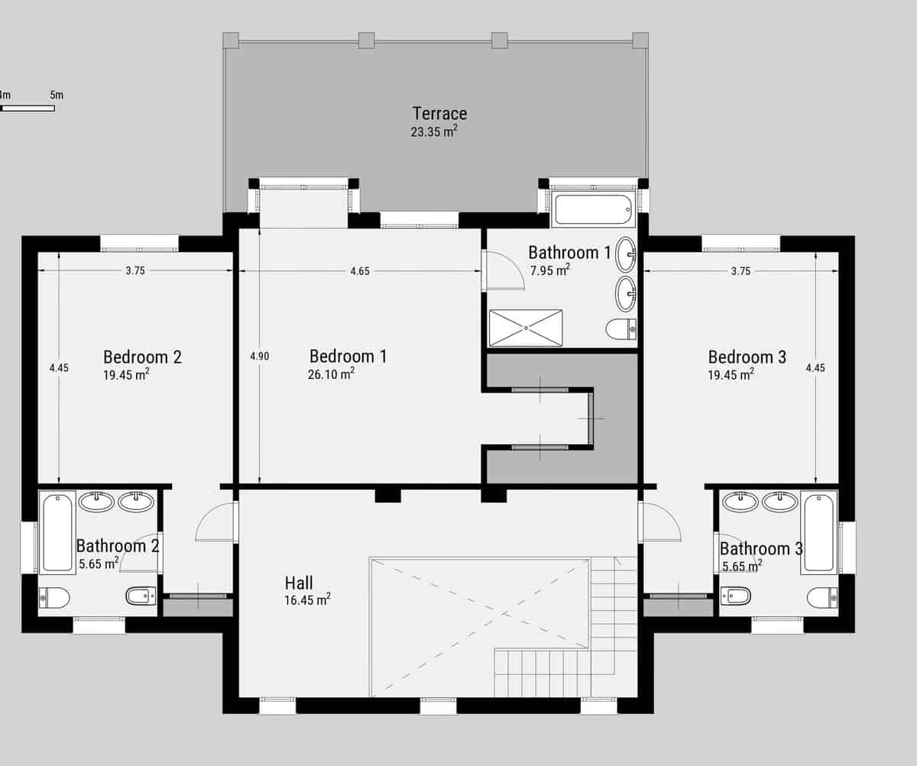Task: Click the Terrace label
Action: coord(439,114)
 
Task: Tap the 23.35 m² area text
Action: coord(433,131)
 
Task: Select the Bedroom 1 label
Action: coord(348,356)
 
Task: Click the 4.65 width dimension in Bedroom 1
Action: coord(360,271)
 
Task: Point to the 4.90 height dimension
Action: coord(259,356)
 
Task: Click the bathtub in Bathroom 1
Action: coord(593,209)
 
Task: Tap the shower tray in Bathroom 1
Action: coord(525,328)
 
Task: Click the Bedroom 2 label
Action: coord(142,357)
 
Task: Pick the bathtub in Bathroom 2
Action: coord(57,532)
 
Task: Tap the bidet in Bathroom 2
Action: coord(141,596)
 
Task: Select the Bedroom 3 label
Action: coord(747,357)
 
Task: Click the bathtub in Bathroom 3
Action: coord(818,532)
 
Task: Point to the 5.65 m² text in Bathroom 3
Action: coord(741,566)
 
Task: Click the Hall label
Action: coord(299,583)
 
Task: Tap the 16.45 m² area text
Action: coord(307,600)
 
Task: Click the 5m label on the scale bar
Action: coord(57,95)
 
